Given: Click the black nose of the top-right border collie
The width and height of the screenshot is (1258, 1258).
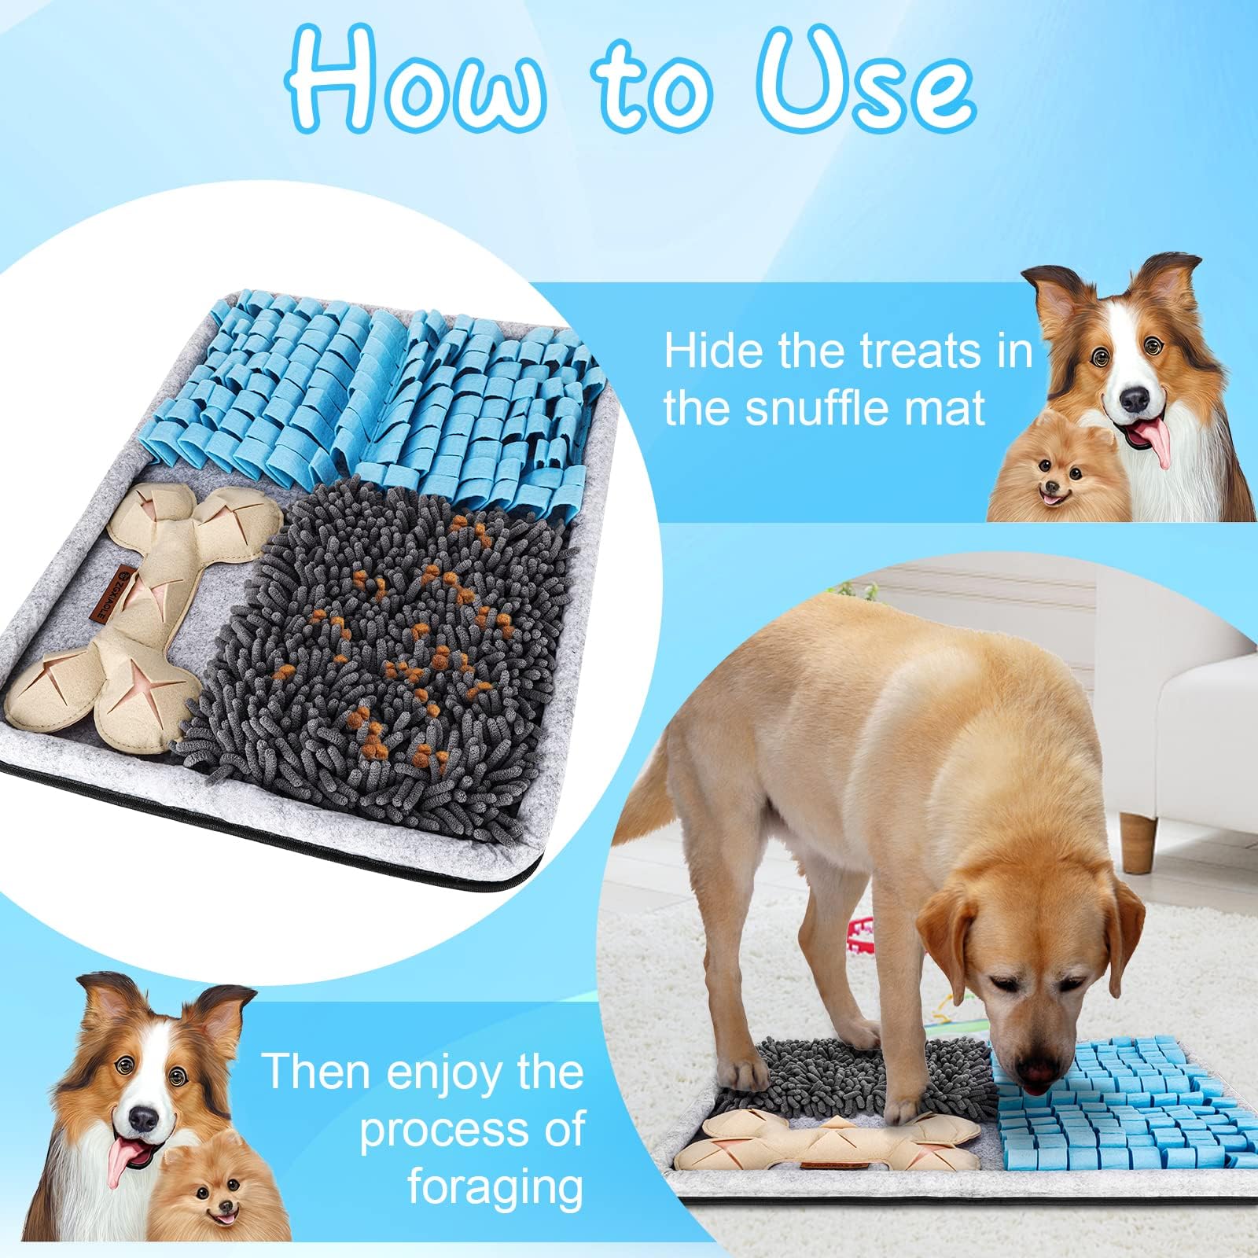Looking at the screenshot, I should point(1135,400).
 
